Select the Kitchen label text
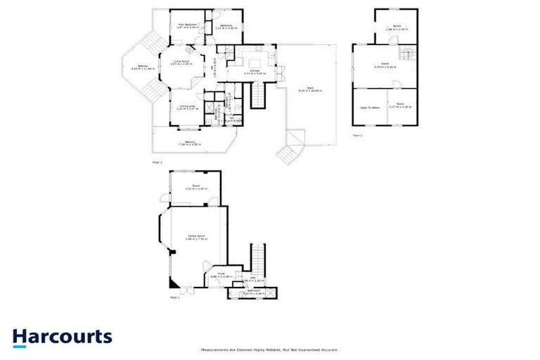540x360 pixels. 252,72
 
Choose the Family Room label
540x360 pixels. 195,236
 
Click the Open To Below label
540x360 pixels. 369,108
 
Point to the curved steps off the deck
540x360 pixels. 289,150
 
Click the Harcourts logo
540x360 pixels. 62,336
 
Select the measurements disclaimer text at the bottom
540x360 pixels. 270,349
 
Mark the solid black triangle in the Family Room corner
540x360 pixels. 171,283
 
